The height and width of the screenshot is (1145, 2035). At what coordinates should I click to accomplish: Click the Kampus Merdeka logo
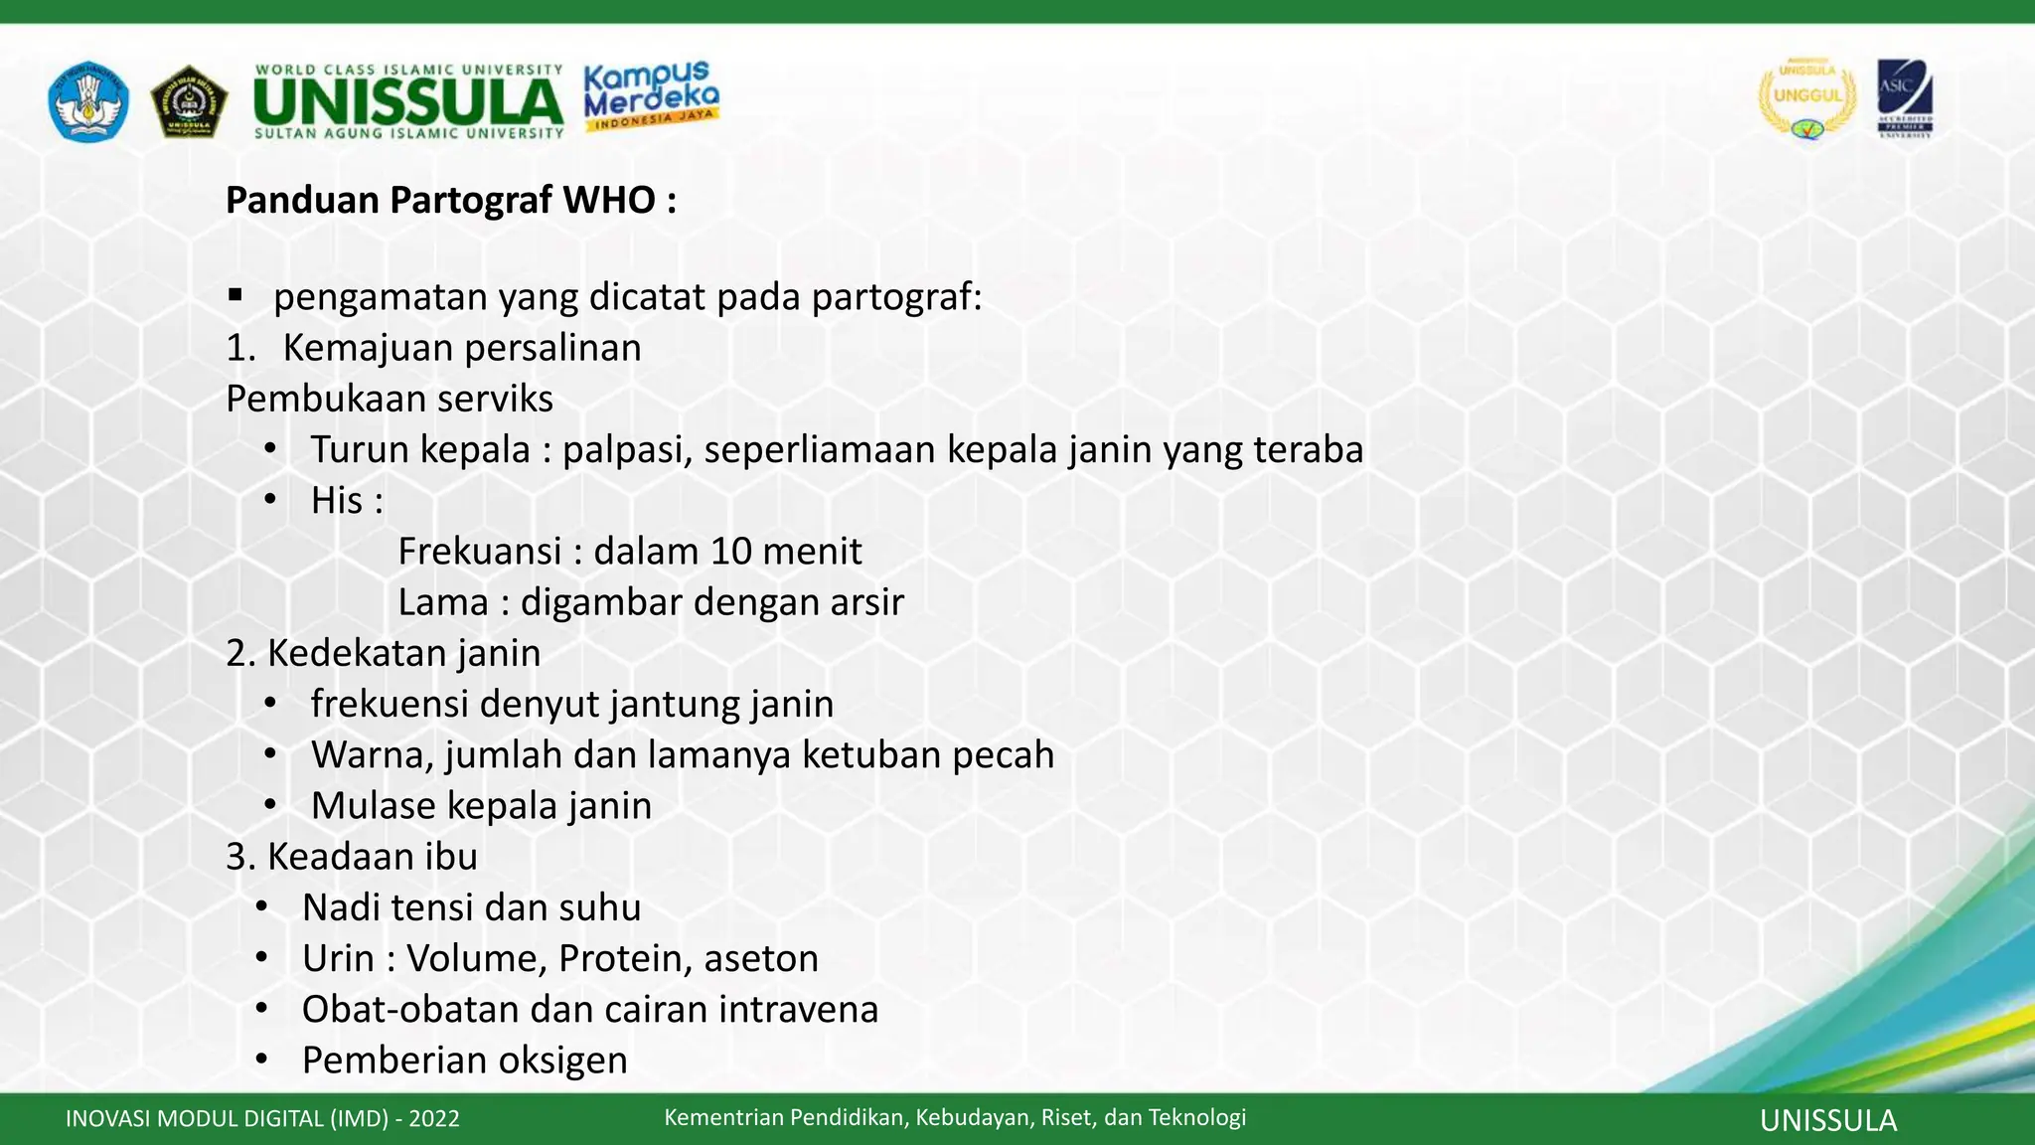pos(651,96)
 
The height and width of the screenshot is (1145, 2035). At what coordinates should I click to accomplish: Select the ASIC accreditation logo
pos(1904,99)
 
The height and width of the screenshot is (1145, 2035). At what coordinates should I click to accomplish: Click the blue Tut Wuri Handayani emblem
pos(88,101)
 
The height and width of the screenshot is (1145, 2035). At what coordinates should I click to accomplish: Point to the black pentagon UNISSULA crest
pos(189,101)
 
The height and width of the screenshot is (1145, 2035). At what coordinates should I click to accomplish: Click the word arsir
pos(866,602)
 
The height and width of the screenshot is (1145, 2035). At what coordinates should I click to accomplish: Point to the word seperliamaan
pos(820,449)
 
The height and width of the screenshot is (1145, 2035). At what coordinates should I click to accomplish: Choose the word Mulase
pos(373,805)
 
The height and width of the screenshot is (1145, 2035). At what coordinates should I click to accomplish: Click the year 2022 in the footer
pos(434,1119)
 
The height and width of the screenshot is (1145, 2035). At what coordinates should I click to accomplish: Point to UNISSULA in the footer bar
pos(1828,1120)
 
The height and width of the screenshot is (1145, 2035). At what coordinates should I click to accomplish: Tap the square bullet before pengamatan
pos(235,295)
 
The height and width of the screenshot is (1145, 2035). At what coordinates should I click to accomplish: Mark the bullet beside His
pos(269,499)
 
